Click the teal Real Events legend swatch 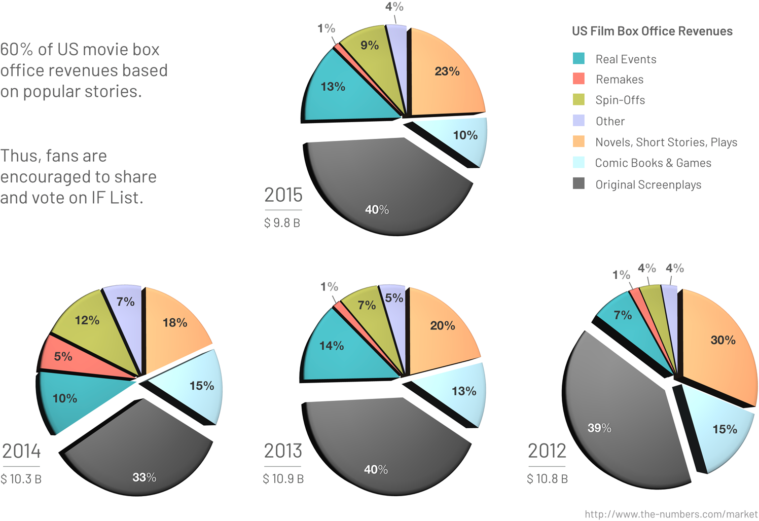[x=579, y=59]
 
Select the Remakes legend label [x=619, y=80]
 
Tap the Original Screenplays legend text [x=648, y=184]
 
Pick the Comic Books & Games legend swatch [x=579, y=163]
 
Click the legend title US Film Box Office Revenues [x=652, y=31]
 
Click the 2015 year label [x=283, y=195]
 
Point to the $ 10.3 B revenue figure [x=21, y=479]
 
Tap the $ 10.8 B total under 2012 [x=547, y=479]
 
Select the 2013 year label [x=283, y=451]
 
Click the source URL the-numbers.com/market [x=671, y=514]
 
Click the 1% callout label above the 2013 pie [x=329, y=287]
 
